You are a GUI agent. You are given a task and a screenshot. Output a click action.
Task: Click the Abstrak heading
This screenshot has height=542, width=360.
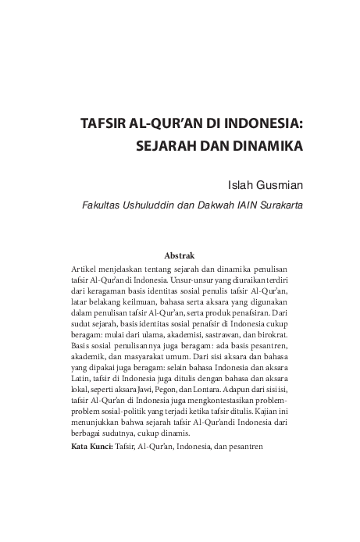point(180,255)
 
